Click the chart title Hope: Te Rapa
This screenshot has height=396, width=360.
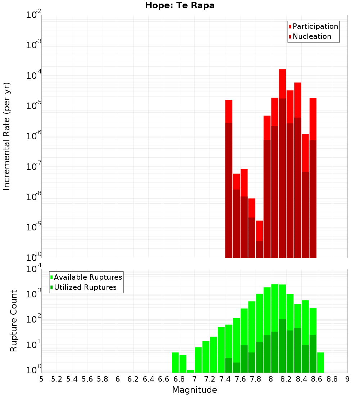coord(180,6)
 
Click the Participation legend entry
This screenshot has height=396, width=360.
coord(313,26)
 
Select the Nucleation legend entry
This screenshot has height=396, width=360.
coord(310,36)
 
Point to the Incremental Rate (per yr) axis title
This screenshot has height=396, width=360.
coord(7,136)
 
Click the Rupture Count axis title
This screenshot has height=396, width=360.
coord(14,321)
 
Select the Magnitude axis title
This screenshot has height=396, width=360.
coord(194,390)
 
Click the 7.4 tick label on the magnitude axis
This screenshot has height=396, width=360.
coord(225,379)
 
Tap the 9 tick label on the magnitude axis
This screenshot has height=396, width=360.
coord(347,379)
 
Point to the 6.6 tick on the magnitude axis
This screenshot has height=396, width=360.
coord(164,379)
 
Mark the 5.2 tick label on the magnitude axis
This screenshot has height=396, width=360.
coord(57,379)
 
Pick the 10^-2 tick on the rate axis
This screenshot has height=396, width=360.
coord(34,15)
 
